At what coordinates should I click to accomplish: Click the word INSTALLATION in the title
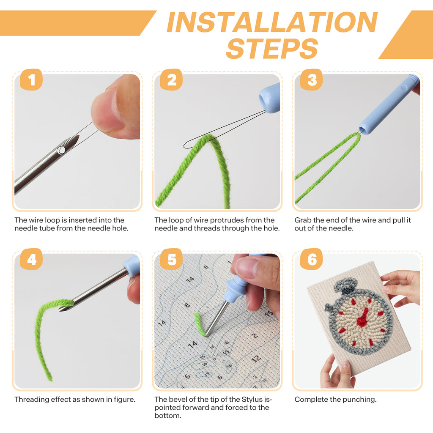pos(271,22)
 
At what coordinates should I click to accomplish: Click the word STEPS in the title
pos(272,48)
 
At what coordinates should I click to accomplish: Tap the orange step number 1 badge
pos(31,79)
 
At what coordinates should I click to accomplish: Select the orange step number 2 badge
pos(171,79)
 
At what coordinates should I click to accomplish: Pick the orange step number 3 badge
pos(312,79)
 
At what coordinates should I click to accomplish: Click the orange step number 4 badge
pos(31,259)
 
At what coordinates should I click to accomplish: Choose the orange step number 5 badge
pos(171,259)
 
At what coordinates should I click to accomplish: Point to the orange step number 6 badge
pos(312,259)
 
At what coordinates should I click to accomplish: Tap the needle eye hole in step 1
pos(61,149)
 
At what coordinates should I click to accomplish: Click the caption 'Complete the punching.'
pos(335,399)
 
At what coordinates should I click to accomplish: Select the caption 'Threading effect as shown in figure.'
pos(75,399)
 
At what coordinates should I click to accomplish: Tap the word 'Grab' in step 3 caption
pos(303,220)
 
